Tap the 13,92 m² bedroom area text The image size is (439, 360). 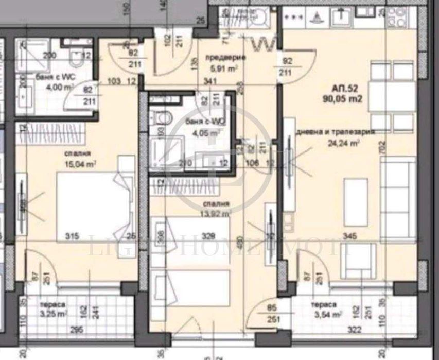[217, 211]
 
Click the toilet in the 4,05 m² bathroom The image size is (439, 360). [164, 118]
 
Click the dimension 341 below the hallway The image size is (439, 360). [209, 80]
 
